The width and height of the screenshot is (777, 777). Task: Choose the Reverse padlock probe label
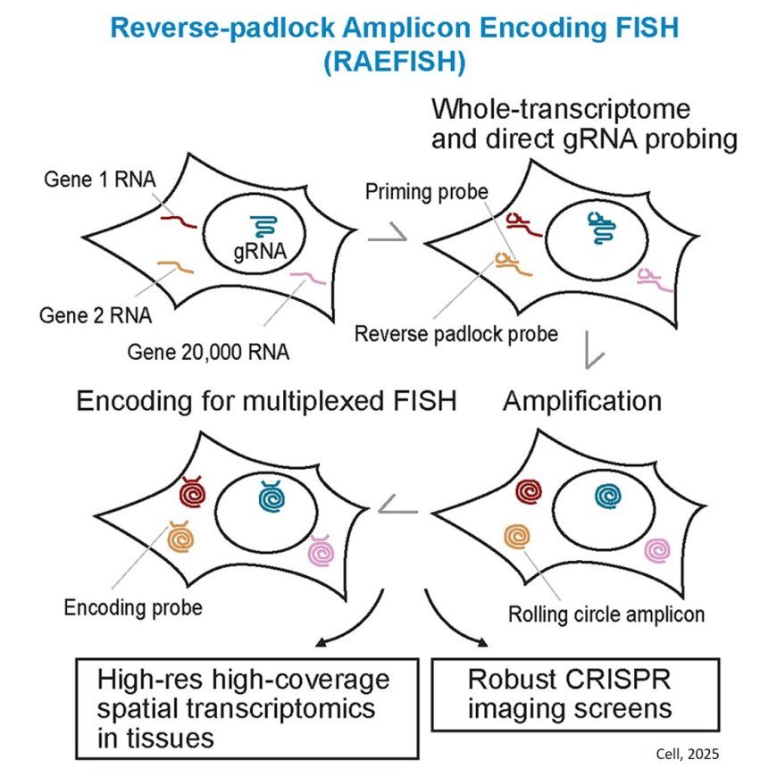455,334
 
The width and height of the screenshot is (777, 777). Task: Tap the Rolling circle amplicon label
606,614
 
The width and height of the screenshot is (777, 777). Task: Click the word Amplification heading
582,401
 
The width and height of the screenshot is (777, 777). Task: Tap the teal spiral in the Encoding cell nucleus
270,494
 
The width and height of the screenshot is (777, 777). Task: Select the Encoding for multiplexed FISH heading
267,401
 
